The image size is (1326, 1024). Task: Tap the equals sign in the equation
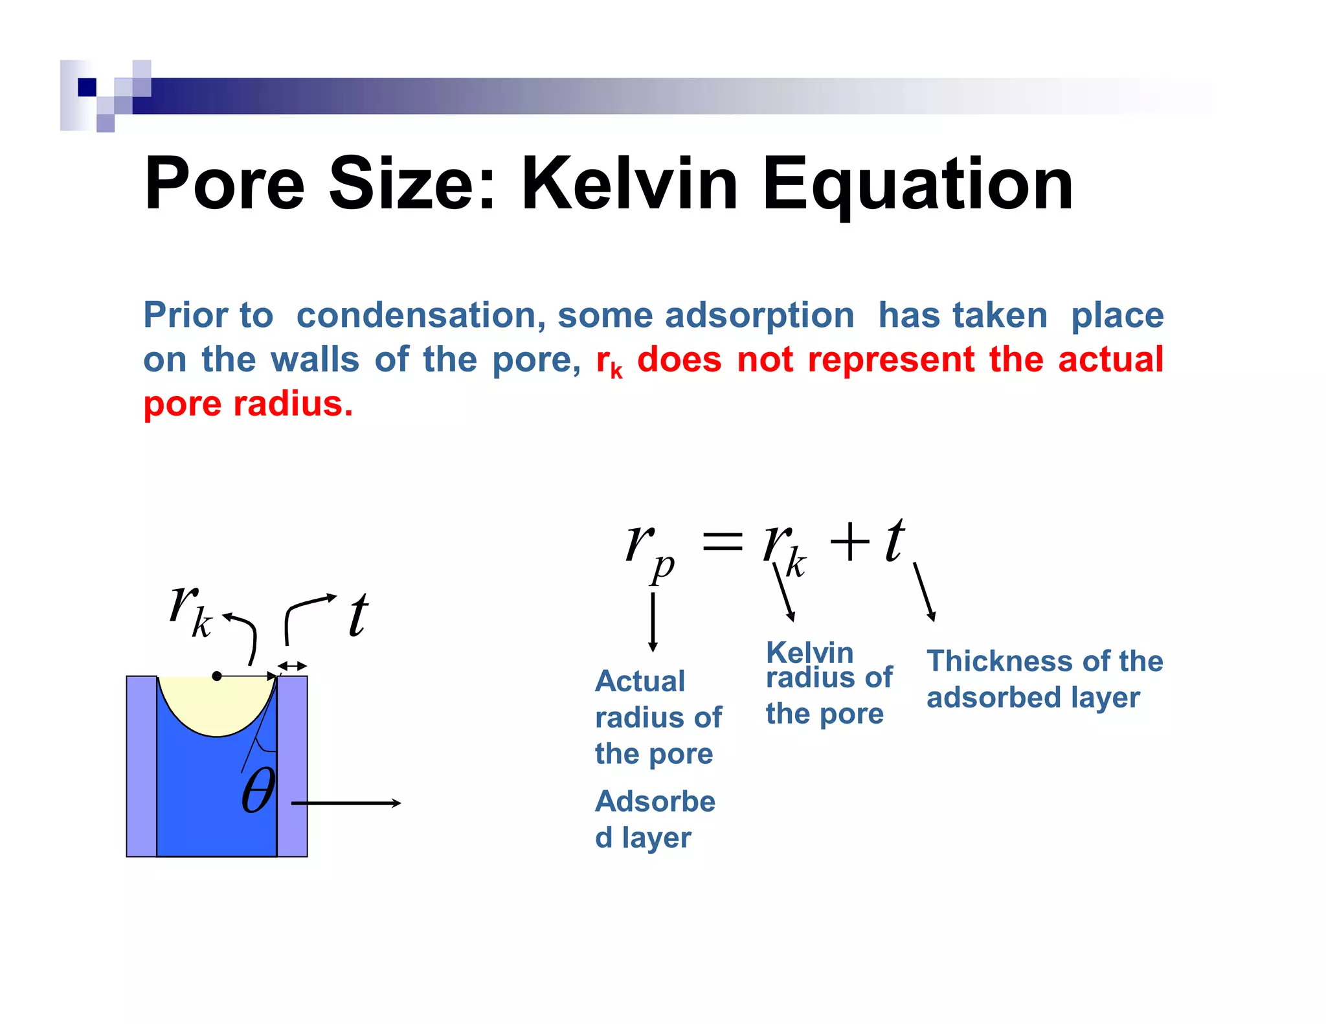722,540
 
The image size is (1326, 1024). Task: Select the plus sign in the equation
849,541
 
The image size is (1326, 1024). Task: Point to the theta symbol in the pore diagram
258,790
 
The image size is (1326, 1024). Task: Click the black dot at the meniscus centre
217,676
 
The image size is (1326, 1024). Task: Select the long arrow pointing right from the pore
346,803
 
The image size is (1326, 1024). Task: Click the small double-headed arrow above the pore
292,665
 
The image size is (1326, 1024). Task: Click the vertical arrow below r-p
653,621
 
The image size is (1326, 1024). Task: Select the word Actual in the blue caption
640,681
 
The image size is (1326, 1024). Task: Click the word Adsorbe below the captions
655,801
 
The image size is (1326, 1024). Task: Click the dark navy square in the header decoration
87,87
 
